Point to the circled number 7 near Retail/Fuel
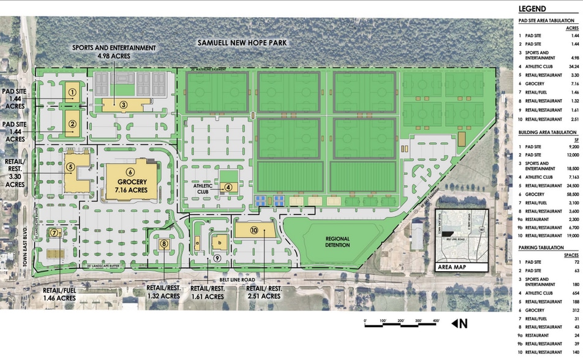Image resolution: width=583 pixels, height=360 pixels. [55, 233]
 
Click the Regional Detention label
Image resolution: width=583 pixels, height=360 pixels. [337, 241]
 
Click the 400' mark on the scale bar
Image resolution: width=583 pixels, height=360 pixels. [435, 321]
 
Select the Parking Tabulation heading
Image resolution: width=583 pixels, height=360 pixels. [541, 247]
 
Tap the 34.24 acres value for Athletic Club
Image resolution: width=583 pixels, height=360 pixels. [573, 66]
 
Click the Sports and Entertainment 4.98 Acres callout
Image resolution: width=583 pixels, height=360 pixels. [114, 52]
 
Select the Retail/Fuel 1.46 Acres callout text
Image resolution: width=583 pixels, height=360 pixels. [59, 294]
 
